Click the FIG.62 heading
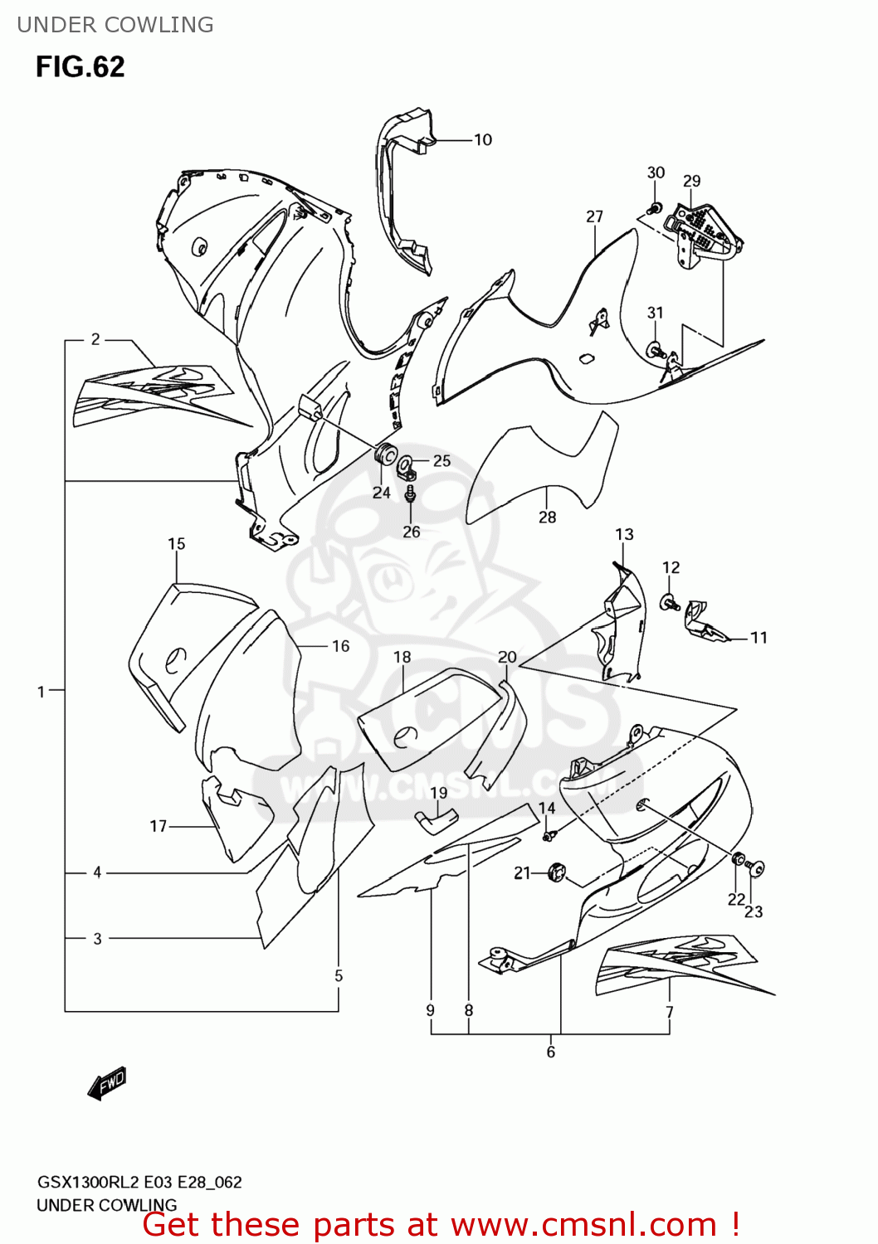80,66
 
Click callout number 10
483,140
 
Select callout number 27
594,216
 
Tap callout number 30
656,173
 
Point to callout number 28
547,517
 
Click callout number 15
177,544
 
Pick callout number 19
438,793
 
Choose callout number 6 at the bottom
550,1052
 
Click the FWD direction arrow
107,1083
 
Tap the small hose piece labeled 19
435,819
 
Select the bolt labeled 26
410,495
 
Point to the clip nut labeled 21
556,872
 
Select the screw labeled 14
548,835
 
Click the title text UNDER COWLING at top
115,25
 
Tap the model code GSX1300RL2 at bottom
87,1183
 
